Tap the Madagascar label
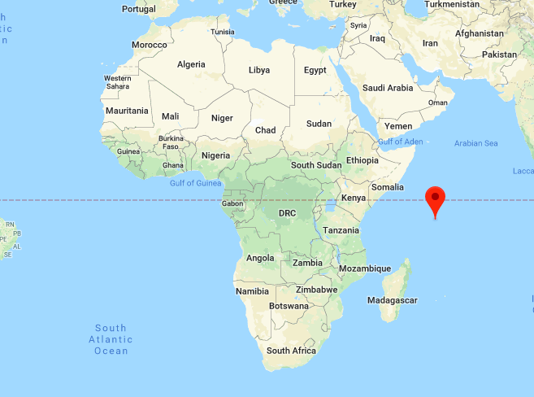coord(392,300)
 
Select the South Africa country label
coord(291,351)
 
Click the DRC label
coord(288,213)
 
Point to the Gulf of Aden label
coord(400,142)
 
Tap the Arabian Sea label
coord(475,143)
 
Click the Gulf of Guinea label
coord(196,183)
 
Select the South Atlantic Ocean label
coord(111,338)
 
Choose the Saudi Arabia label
coord(389,88)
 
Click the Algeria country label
coord(191,64)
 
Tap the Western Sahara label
coord(118,82)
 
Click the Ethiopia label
coord(362,160)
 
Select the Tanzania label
coord(341,230)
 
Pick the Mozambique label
coord(365,268)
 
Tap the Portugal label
coord(138,9)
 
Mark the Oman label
coord(437,103)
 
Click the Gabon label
coord(232,203)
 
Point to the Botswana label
coord(289,306)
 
